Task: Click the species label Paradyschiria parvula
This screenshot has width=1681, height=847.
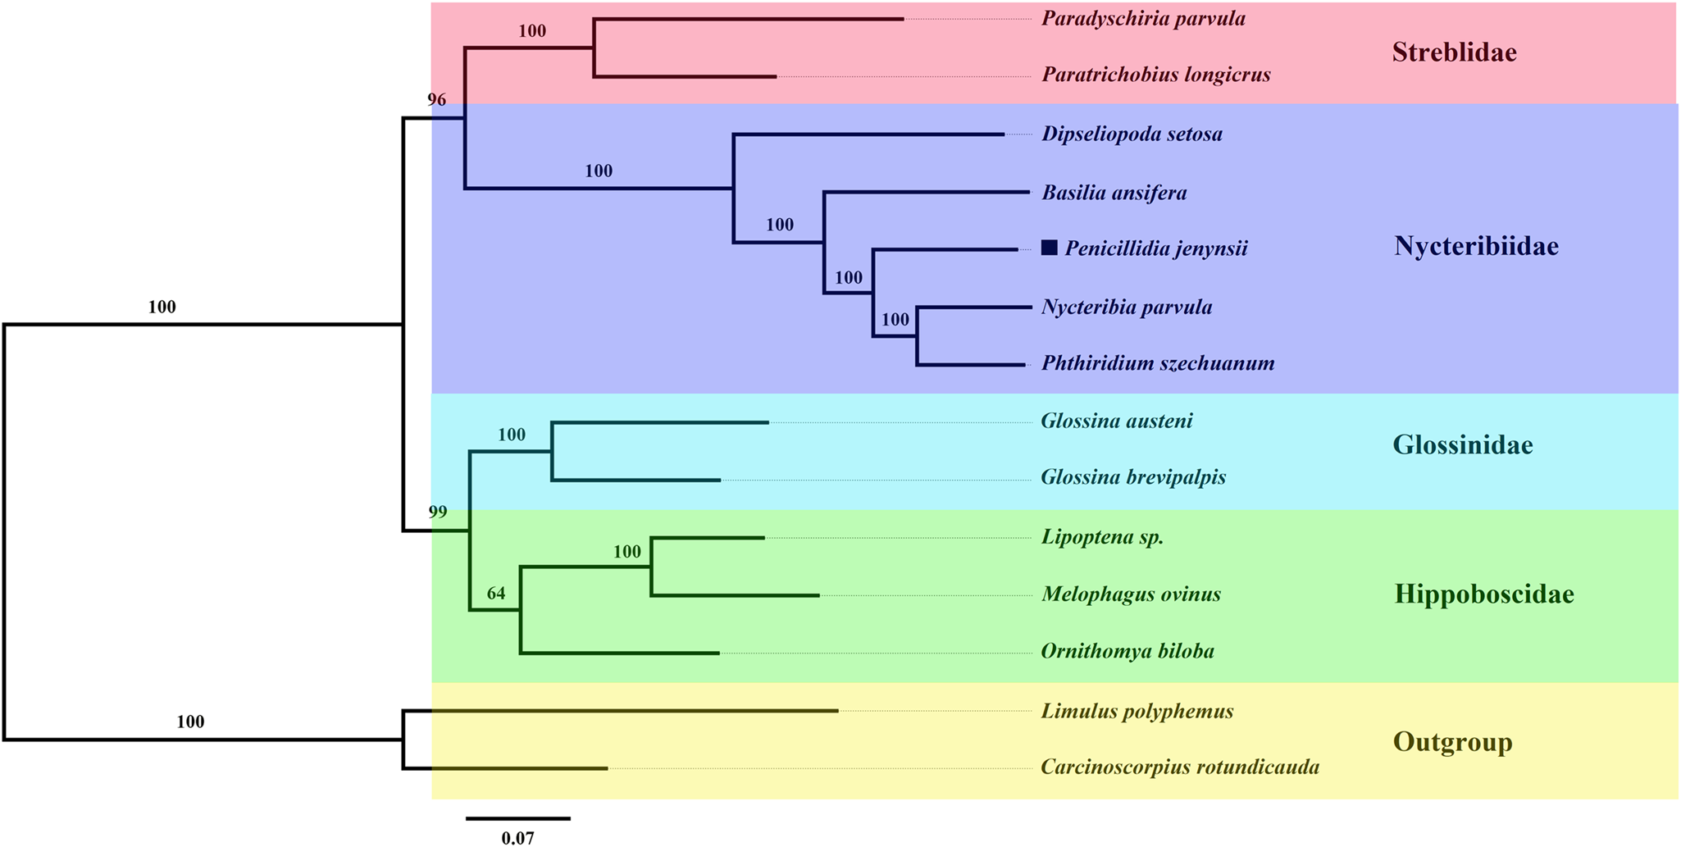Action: pos(1143,19)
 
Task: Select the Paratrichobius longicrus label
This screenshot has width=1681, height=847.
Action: pos(1155,75)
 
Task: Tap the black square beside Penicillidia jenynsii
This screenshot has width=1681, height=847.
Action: pos(1049,248)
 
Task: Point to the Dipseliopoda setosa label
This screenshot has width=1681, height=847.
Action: pos(1132,134)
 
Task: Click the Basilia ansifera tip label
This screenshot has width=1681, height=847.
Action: pos(1114,194)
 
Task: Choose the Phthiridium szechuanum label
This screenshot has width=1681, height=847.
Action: pos(1157,363)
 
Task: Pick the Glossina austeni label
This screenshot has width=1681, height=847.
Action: pos(1116,421)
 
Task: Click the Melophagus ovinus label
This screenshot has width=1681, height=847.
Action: pos(1131,594)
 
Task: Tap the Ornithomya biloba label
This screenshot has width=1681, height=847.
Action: pos(1127,652)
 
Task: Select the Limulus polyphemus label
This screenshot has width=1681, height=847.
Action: pos(1137,711)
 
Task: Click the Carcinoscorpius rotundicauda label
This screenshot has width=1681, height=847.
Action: pos(1179,767)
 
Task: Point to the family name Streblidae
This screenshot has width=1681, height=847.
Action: pos(1454,53)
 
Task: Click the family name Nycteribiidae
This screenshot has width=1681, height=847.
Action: pos(1476,246)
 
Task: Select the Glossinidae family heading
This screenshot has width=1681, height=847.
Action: pos(1462,445)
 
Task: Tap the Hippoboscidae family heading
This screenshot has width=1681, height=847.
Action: pos(1483,594)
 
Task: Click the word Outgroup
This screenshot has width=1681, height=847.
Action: pos(1452,743)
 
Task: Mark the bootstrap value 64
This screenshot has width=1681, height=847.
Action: pos(495,594)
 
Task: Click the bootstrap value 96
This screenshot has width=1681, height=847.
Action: pos(436,100)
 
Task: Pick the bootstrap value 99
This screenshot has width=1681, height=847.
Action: pos(437,512)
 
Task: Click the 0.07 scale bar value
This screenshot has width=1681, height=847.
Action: pos(517,838)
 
